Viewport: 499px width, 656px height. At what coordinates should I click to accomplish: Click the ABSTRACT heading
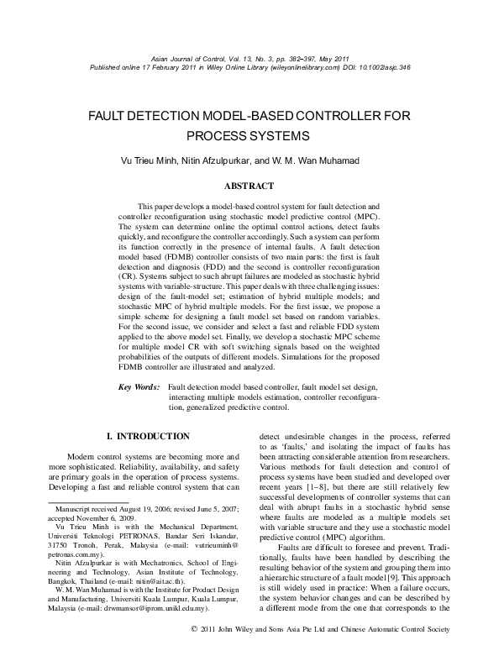(249, 185)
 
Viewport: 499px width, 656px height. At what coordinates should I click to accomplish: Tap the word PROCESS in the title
(212, 134)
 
